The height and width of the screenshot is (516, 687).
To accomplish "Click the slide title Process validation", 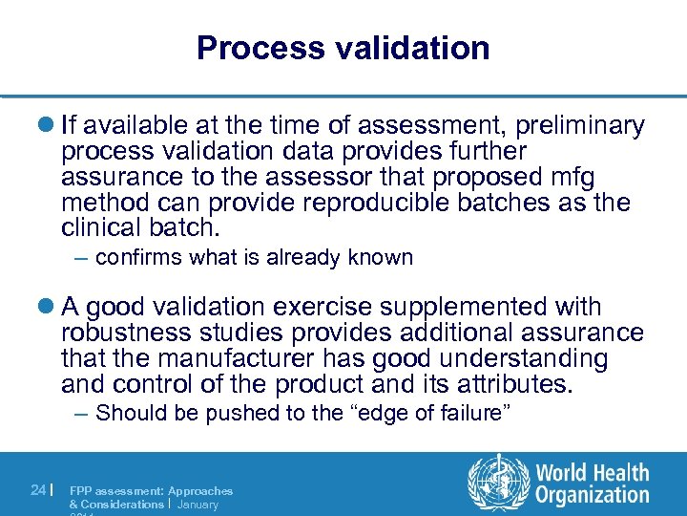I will pos(343,48).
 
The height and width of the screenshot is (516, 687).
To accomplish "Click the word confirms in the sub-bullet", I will pos(139,257).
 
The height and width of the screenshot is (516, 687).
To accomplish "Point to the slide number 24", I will pos(37,490).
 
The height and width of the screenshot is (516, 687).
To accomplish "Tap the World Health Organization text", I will pos(592,484).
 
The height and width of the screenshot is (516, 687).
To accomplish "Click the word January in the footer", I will pos(198,504).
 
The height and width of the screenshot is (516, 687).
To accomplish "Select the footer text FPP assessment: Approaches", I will pos(151,490).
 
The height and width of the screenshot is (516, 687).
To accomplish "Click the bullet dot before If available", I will pos(48,126).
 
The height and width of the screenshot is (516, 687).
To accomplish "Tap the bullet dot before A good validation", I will pos(48,308).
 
